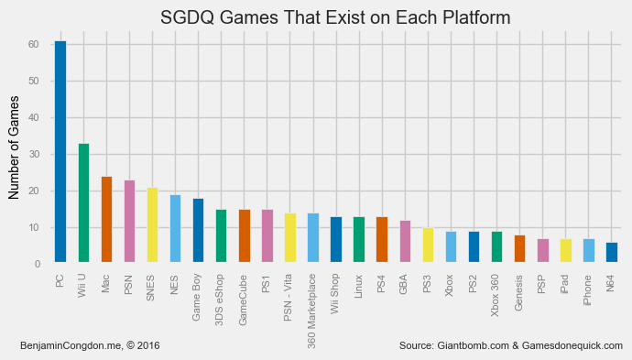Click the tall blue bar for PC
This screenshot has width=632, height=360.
coord(60,152)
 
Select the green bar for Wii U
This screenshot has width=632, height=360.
coord(83,203)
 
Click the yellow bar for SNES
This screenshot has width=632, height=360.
coord(152,225)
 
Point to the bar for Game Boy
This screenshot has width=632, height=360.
coord(198,231)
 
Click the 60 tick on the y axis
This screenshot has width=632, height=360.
coord(33,45)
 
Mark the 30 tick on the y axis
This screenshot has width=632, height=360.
coord(33,155)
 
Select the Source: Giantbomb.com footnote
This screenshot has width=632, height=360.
coord(511,345)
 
